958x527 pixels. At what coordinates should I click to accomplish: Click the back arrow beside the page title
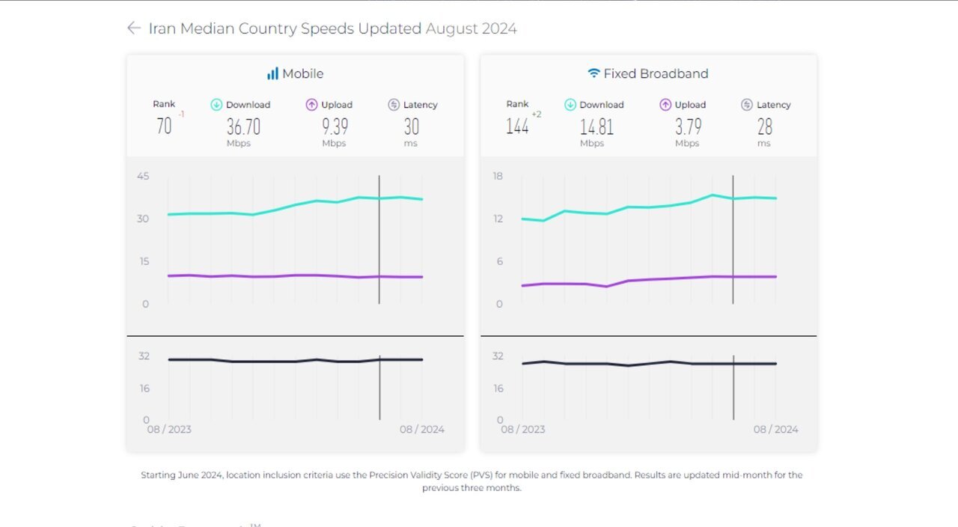point(134,28)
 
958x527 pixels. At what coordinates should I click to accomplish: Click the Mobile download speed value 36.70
point(243,127)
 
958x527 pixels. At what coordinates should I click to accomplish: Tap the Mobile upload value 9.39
point(335,127)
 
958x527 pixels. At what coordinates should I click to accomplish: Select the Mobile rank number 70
point(164,126)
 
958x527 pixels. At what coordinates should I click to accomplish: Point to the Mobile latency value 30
point(411,127)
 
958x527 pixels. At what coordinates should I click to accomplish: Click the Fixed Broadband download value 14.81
point(597,127)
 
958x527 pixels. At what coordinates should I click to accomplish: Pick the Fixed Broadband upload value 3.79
point(687,127)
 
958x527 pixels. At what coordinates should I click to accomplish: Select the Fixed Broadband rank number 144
point(517,126)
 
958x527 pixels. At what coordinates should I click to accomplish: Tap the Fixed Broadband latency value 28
point(764,127)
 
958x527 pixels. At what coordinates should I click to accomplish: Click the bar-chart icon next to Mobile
point(272,74)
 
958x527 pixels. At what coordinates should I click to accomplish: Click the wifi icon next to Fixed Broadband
point(594,73)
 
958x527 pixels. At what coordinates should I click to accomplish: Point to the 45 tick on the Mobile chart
point(142,176)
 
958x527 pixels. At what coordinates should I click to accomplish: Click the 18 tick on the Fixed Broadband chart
point(497,176)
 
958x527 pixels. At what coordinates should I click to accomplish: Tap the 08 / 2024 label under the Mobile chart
point(421,430)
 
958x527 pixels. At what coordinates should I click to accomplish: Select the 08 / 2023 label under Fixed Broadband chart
point(522,430)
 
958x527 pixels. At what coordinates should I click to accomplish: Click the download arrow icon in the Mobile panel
point(217,105)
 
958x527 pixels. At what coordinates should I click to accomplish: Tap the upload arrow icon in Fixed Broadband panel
point(665,105)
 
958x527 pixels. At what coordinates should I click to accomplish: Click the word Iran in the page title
point(162,28)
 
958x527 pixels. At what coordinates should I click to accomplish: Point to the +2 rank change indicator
point(537,114)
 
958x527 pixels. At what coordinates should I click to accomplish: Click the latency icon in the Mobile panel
point(394,105)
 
